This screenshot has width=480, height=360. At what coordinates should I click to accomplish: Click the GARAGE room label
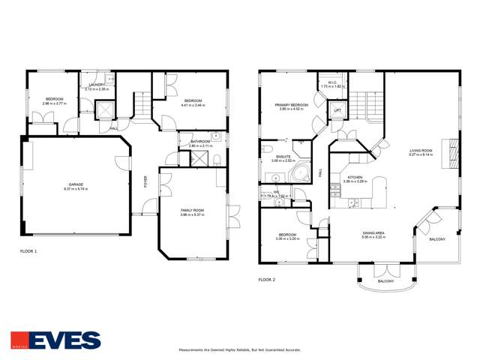point(76,184)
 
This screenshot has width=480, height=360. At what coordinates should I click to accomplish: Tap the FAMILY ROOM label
point(192,211)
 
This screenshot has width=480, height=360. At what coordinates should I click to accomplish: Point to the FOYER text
point(145,181)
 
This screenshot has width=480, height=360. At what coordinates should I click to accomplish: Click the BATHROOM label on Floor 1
point(200,141)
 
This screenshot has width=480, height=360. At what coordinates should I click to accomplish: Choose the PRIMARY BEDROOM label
point(292,105)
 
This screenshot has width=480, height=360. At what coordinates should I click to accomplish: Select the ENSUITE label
point(283,157)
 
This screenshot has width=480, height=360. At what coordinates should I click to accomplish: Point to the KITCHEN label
point(354,178)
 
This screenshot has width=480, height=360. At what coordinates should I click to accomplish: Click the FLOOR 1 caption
point(28,251)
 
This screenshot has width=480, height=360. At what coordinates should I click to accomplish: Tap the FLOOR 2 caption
point(267,280)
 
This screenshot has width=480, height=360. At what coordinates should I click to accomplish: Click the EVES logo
point(55,340)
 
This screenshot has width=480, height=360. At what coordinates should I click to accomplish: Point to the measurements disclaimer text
point(240,349)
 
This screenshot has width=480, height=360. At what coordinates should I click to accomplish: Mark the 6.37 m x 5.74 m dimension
point(76,188)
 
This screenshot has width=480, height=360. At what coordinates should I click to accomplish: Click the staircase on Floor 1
point(141,105)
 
